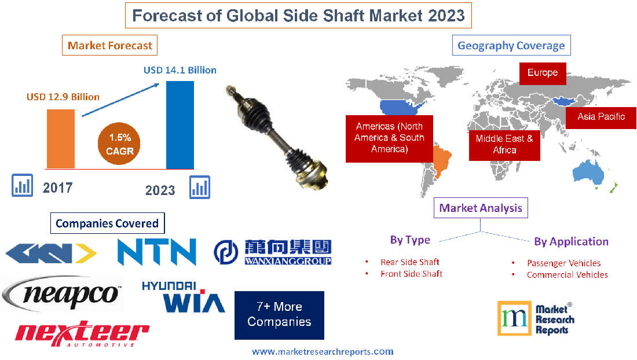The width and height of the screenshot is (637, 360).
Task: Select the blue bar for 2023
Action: [x=180, y=124]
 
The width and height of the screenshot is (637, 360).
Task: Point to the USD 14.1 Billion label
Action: [x=180, y=70]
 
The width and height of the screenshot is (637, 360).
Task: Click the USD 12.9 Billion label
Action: [x=63, y=97]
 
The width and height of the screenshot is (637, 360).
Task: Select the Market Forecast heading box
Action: [x=110, y=45]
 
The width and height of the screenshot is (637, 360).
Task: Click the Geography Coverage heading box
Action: [x=511, y=45]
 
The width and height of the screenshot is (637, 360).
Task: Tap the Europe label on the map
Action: [x=542, y=73]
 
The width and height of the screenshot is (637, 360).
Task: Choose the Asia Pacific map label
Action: [x=601, y=117]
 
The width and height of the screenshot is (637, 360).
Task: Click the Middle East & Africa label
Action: [x=504, y=144]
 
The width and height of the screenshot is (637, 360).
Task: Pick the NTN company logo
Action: [x=156, y=252]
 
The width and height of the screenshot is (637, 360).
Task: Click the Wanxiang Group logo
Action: [x=272, y=252]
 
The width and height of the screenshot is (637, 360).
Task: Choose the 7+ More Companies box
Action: [x=279, y=315]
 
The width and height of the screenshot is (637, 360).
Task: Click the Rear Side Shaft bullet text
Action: [x=409, y=262]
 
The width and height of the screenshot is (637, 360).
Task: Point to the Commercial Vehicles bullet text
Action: [x=567, y=275]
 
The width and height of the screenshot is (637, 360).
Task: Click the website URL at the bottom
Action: [x=323, y=351]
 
